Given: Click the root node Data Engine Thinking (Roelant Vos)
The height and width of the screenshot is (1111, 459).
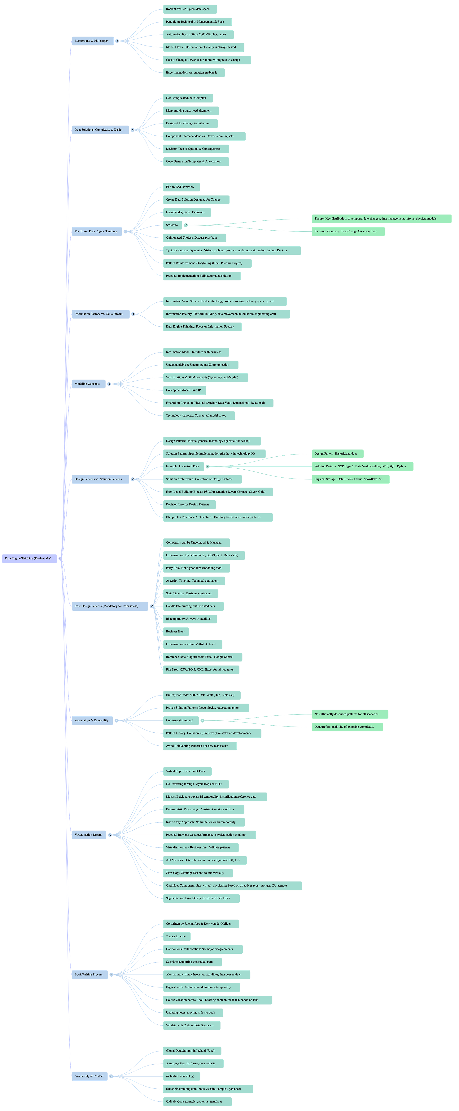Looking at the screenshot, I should (x=29, y=558).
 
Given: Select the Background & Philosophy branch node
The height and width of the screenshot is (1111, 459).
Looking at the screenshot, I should (x=92, y=41).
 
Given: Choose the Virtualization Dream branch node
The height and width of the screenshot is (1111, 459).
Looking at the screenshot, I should (x=88, y=835).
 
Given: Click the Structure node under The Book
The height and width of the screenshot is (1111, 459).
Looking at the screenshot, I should (x=172, y=225).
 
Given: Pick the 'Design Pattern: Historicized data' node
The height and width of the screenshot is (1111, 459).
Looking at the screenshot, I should (x=336, y=454).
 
